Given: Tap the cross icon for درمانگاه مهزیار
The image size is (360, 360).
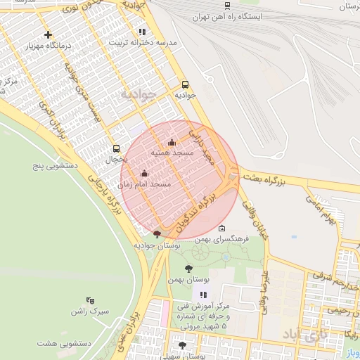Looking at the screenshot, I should pyautogui.click(x=48, y=34).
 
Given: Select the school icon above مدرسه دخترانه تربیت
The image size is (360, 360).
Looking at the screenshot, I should pyautogui.click(x=142, y=32).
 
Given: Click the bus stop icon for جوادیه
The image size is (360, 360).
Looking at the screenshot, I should pyautogui.click(x=185, y=83).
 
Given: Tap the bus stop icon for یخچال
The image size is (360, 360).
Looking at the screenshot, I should pyautogui.click(x=116, y=148).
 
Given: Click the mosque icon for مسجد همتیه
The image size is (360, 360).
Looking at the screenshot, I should pyautogui.click(x=172, y=143).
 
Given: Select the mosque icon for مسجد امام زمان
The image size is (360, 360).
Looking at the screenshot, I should pyautogui.click(x=145, y=173).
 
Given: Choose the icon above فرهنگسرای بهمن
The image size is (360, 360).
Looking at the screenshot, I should pyautogui.click(x=222, y=229).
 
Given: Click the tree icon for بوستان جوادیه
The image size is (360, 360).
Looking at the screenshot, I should pyautogui.click(x=156, y=234).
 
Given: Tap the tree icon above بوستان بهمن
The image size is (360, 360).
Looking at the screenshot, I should pyautogui.click(x=188, y=269).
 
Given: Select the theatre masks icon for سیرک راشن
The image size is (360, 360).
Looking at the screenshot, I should pyautogui.click(x=89, y=300).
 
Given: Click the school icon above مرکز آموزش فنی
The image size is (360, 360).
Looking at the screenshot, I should pyautogui.click(x=203, y=295).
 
